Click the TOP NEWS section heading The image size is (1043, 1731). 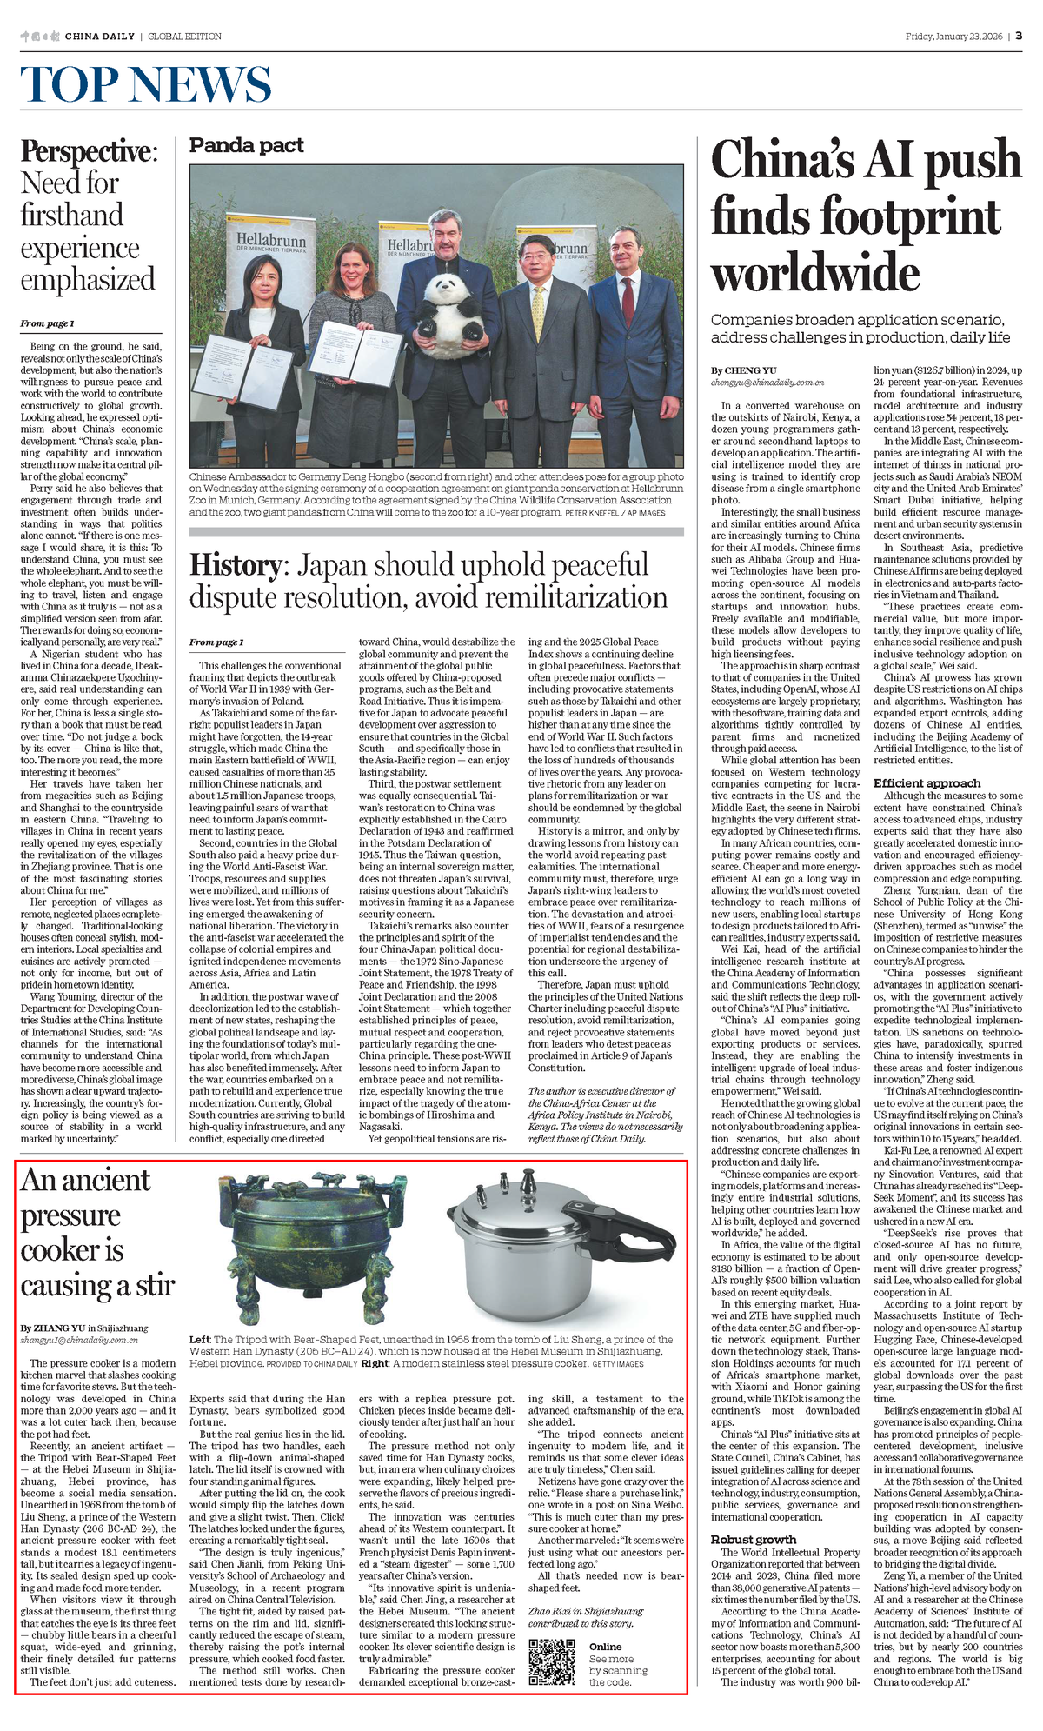click(146, 84)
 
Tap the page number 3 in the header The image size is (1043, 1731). click(1018, 36)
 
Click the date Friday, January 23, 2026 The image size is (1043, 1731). click(953, 36)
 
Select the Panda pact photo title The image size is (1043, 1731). click(247, 145)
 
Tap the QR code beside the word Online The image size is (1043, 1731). click(553, 1662)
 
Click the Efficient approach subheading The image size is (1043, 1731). click(927, 782)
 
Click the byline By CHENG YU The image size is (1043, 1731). click(743, 370)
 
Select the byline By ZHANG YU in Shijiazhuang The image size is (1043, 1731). click(84, 1328)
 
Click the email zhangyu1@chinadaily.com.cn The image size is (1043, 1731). click(79, 1340)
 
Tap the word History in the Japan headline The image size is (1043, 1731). click(235, 565)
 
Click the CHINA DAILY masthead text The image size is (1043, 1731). click(99, 36)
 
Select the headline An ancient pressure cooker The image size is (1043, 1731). click(97, 1232)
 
